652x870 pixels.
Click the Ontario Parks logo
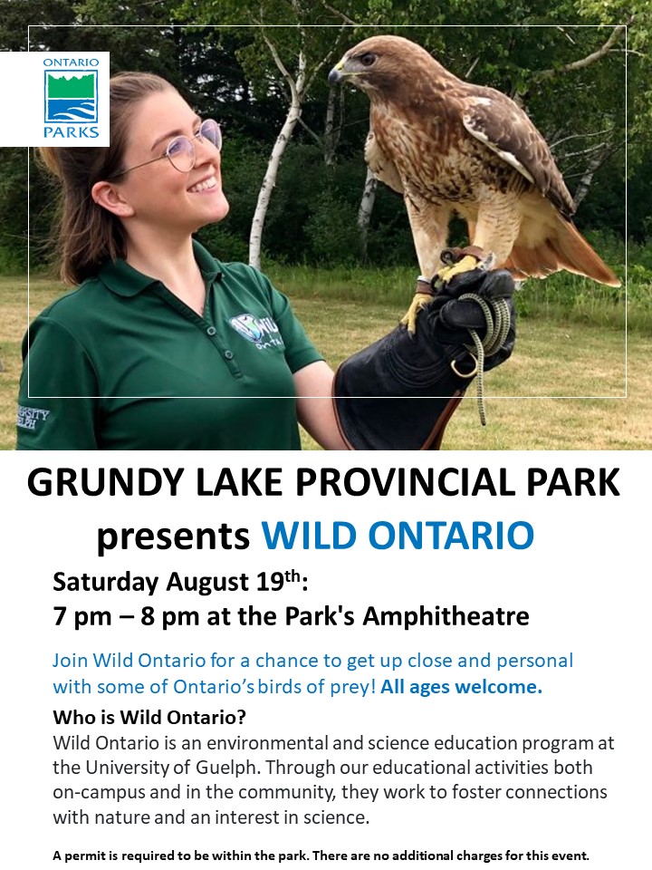[70, 99]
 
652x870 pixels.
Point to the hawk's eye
[367, 59]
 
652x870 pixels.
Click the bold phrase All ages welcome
[462, 686]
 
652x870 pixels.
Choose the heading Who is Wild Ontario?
[149, 717]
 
